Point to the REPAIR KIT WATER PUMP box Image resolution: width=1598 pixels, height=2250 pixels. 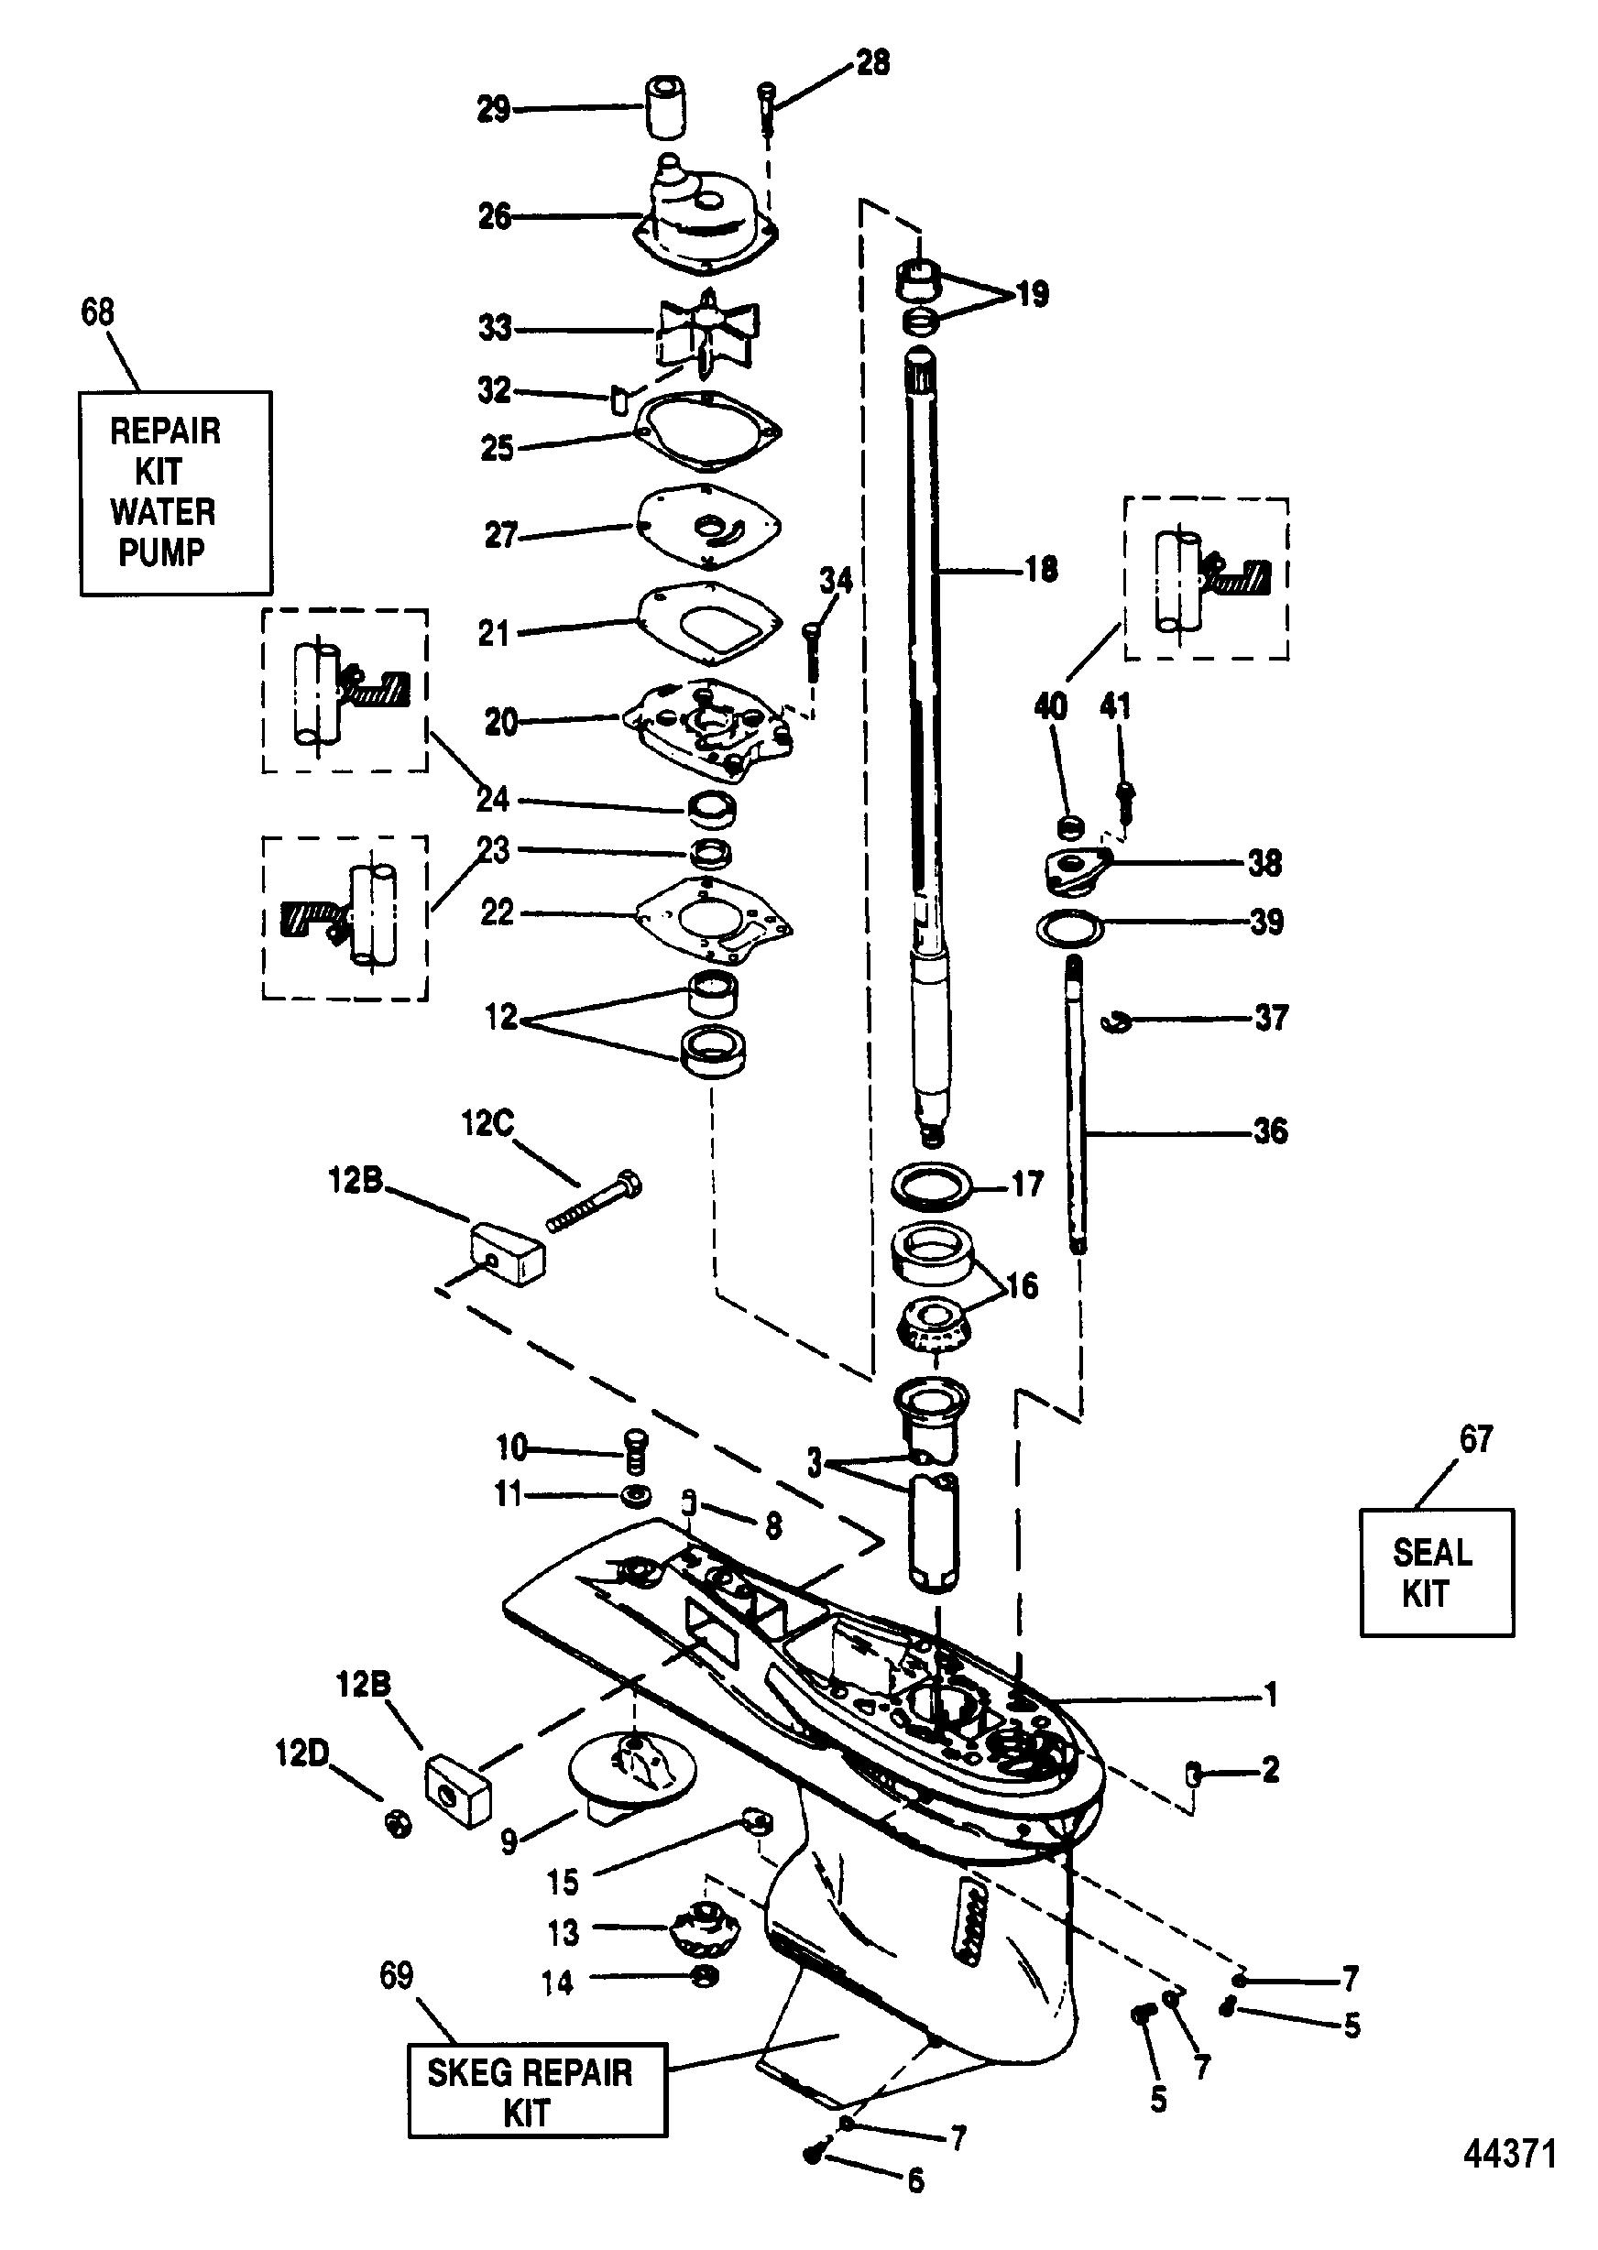click(175, 492)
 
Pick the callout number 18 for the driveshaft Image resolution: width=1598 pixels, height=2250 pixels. click(1041, 569)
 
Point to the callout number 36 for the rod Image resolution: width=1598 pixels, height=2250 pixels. click(1269, 1130)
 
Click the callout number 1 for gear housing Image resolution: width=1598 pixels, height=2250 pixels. click(1270, 1693)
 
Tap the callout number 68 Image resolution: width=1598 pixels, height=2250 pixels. click(97, 311)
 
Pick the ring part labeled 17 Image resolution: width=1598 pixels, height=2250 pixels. click(930, 1185)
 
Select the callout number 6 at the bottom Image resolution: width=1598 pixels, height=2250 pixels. click(915, 2207)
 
